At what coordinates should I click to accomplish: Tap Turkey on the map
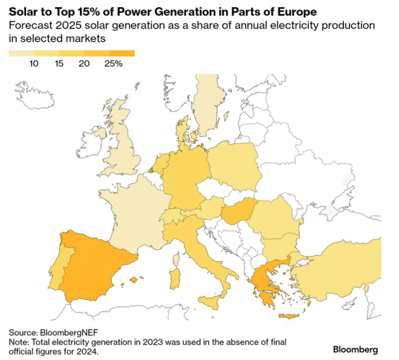click(x=341, y=269)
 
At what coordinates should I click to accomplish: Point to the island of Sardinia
click(x=176, y=277)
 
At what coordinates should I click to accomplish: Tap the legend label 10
click(x=34, y=63)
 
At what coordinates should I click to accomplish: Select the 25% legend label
click(x=113, y=63)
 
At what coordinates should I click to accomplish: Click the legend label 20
click(x=84, y=63)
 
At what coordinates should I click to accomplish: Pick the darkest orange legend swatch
click(x=122, y=53)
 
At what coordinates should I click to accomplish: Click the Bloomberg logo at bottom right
click(x=355, y=348)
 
